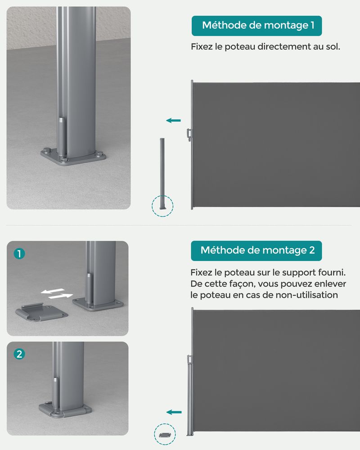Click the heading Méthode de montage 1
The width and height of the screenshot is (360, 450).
tap(258, 25)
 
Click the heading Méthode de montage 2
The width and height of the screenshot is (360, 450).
tap(257, 250)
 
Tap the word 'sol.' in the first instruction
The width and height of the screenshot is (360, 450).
tap(333, 46)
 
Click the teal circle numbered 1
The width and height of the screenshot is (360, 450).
tap(19, 254)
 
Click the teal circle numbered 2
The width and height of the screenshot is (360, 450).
tap(19, 354)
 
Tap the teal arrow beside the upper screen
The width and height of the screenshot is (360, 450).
tap(173, 121)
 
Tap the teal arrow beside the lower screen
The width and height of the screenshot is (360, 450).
tap(174, 412)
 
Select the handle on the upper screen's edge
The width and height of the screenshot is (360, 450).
tap(189, 135)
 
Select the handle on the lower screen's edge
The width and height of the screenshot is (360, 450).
tap(189, 359)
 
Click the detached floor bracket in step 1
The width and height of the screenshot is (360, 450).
tap(41, 313)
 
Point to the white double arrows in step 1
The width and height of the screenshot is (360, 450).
tap(57, 293)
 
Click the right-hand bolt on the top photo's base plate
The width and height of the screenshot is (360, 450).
tap(99, 154)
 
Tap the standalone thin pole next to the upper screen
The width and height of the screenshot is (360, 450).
tap(162, 174)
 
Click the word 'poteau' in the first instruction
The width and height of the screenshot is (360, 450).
tap(240, 47)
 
